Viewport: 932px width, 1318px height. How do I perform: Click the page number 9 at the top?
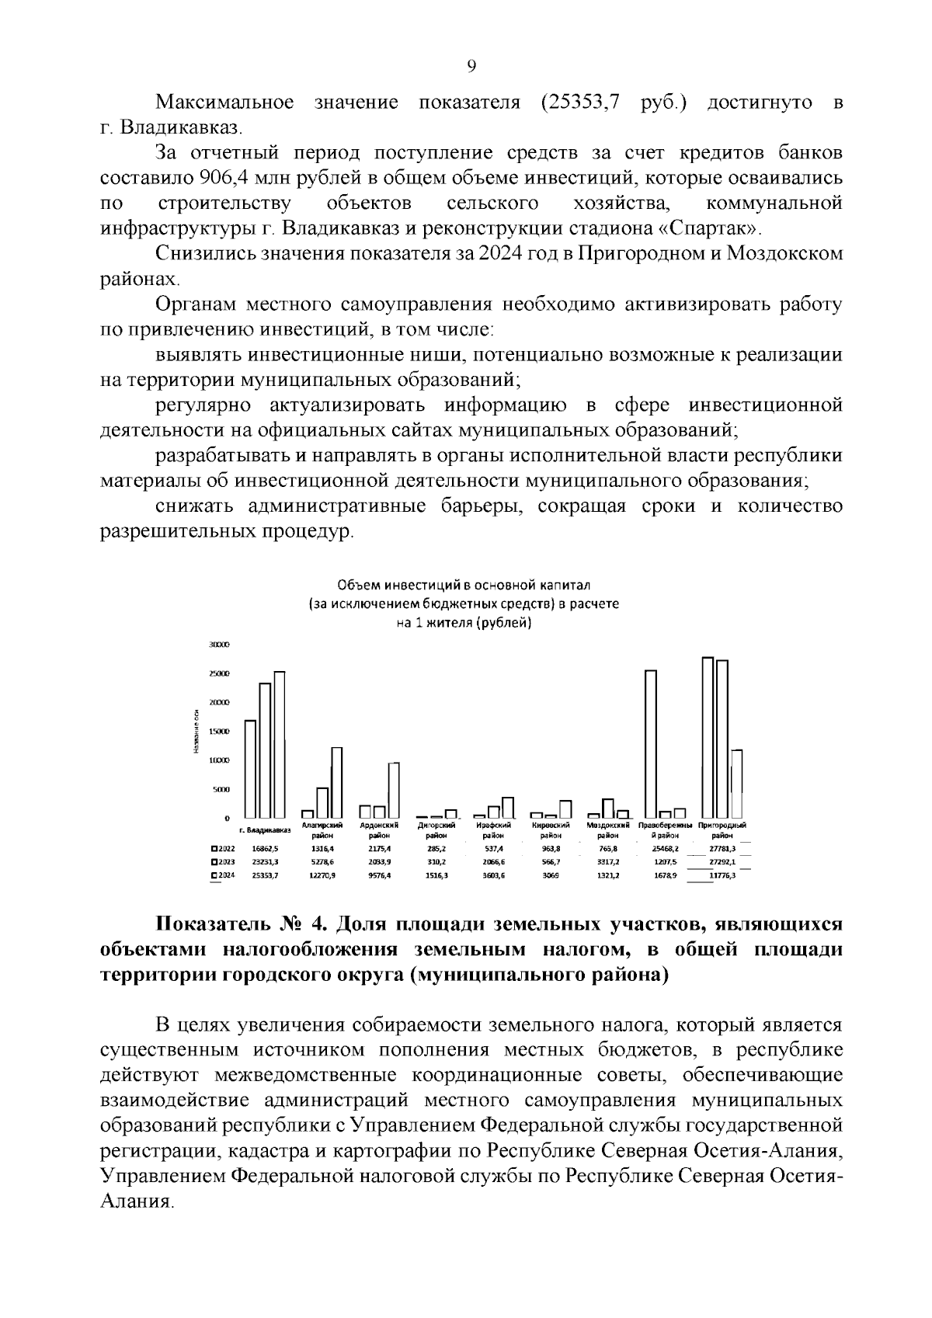(x=472, y=67)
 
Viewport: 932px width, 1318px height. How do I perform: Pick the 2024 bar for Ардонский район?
(x=394, y=790)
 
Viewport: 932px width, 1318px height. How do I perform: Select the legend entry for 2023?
(x=224, y=862)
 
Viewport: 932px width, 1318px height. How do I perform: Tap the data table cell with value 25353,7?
(x=265, y=875)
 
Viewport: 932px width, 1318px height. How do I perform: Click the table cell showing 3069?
(x=551, y=875)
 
